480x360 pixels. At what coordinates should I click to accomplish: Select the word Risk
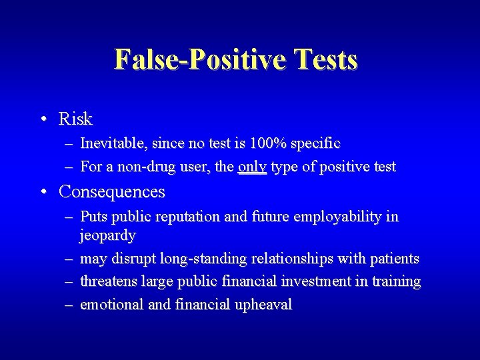coord(75,119)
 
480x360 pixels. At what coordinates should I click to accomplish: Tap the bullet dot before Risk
coord(43,120)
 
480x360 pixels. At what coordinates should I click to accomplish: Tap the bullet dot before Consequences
coord(43,192)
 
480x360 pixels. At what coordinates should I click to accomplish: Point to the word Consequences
coord(111,192)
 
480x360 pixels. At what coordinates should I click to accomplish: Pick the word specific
coord(315,143)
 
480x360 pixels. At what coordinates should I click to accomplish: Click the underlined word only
coord(252,167)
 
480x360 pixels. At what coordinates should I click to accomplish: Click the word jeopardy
coord(107,235)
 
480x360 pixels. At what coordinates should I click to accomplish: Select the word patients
coord(395,258)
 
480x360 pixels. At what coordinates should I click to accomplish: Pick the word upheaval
coord(264,305)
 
